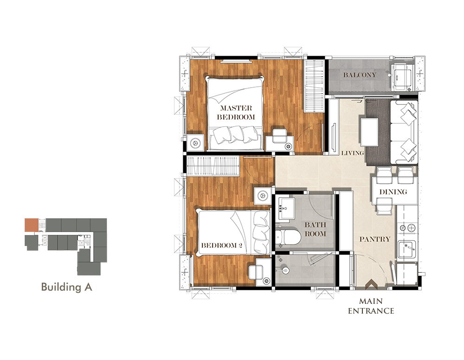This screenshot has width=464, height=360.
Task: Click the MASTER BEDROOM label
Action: tap(236, 112)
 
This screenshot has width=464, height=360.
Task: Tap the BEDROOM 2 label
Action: tap(222, 245)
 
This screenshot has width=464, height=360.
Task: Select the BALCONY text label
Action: tap(360, 75)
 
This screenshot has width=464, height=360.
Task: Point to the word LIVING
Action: tap(353, 153)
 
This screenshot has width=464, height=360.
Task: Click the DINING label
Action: tap(393, 192)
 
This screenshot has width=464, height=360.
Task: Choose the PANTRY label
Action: tap(375, 239)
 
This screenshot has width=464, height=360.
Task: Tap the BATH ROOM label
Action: tap(315, 229)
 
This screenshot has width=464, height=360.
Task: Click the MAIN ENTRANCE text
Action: tap(371, 306)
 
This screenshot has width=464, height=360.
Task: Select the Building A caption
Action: tap(66, 287)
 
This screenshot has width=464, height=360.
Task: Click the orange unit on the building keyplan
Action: tap(32, 225)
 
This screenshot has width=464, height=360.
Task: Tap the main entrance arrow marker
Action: tap(371, 284)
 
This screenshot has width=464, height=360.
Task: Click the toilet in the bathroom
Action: tap(284, 237)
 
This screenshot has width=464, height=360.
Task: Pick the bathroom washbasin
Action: tap(286, 208)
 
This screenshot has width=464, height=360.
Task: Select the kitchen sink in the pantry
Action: tap(406, 250)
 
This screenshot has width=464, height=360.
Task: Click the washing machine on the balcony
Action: tap(401, 77)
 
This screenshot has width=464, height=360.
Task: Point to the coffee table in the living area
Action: tap(369, 132)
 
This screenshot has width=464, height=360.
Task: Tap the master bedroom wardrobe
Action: tap(315, 86)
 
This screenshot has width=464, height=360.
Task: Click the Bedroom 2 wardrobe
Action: tap(213, 166)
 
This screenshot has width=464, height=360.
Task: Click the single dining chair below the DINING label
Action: tap(384, 206)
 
